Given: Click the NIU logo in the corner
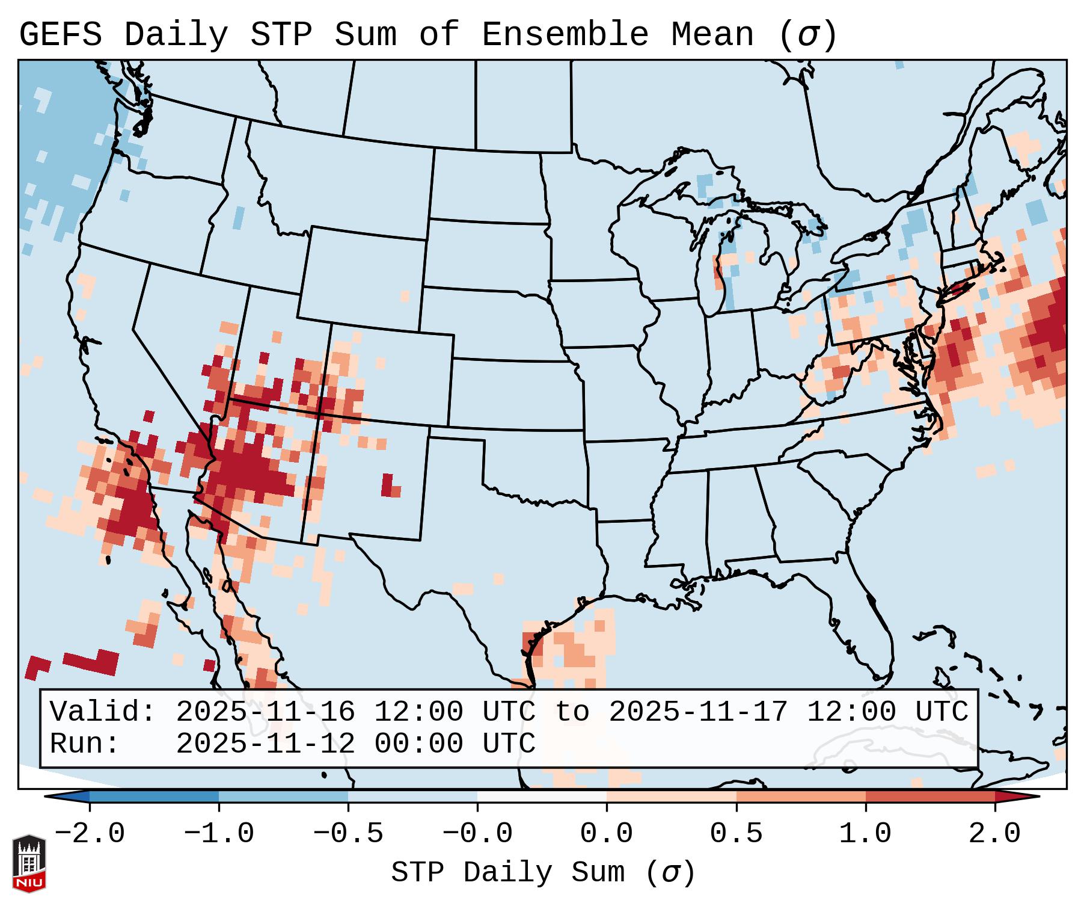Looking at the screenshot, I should pos(29,863).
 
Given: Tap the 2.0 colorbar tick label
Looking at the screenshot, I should pos(994,834).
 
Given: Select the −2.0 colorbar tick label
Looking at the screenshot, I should pos(90,834).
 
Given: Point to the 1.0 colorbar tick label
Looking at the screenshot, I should pos(865,834).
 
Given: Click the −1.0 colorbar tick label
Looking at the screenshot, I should pos(219,834).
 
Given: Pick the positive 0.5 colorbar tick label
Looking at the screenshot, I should pos(736,834).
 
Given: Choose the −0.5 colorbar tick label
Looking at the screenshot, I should pos(348,834).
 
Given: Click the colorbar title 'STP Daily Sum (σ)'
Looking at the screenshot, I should pos(543,873).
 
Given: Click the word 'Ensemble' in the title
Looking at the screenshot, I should pos(565,35).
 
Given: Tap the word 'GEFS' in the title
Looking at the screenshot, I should pos(60,35).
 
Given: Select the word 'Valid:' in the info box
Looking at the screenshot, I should pos(103,712).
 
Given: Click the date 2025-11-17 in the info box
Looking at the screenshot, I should pos(698,712).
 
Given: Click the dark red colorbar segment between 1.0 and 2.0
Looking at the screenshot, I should pos(930,797).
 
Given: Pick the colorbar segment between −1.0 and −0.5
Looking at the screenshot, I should pos(283,797).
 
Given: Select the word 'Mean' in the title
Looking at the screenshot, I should pos(712,35).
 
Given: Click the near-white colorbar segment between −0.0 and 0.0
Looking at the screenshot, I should pos(542,797).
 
